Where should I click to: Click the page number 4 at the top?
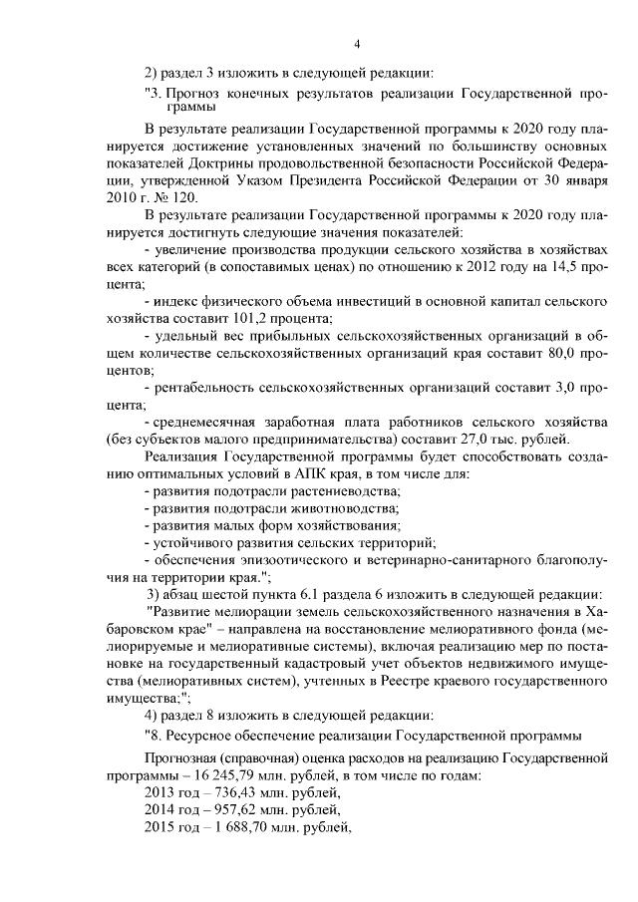click(357, 43)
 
